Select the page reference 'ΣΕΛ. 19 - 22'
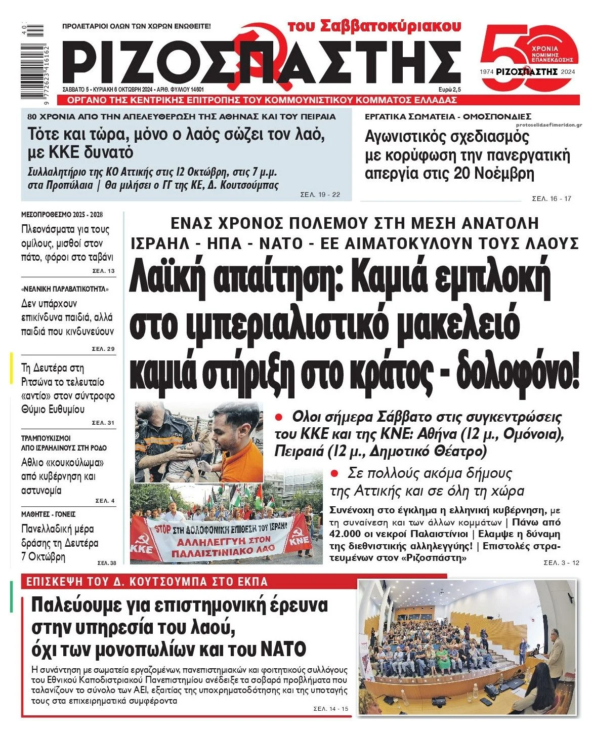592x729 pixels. point(320,195)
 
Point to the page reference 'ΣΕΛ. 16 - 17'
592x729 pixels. point(552,198)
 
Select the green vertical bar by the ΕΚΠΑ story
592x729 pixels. point(11,597)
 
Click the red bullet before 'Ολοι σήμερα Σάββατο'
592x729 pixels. point(278,417)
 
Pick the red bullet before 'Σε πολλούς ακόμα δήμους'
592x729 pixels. point(334,473)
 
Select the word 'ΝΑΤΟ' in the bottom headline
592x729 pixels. point(284,649)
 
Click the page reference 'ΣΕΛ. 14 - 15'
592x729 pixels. point(328,709)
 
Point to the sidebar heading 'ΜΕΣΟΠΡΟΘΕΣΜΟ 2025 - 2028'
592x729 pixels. point(62,214)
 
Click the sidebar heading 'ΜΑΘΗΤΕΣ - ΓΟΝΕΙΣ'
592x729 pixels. point(48,514)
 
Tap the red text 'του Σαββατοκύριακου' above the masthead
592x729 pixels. point(374,26)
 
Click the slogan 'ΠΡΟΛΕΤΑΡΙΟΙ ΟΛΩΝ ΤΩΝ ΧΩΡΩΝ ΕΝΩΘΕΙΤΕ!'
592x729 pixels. point(136,26)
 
